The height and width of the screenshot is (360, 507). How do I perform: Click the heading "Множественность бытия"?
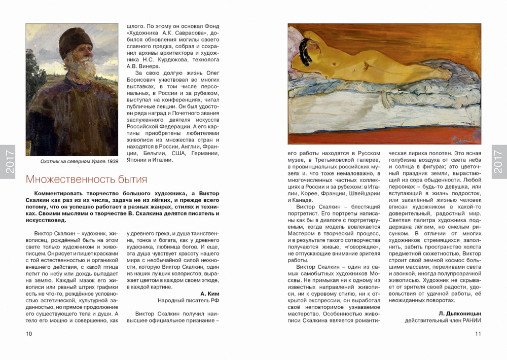click(x=87, y=179)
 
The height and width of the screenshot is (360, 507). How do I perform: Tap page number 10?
click(x=29, y=334)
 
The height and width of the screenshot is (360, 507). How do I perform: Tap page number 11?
click(x=478, y=334)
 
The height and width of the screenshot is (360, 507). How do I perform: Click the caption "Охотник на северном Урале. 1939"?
click(x=71, y=162)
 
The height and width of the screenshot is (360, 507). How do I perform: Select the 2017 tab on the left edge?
click(x=9, y=162)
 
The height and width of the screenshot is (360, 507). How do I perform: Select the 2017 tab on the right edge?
click(x=498, y=162)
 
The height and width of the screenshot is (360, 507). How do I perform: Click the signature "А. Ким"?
click(x=209, y=293)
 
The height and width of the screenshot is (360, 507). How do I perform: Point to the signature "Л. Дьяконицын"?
click(x=460, y=313)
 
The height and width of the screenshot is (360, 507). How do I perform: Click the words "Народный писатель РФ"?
click(x=188, y=300)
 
